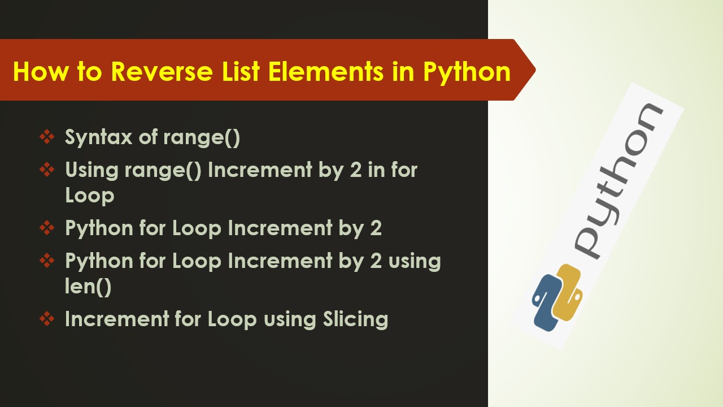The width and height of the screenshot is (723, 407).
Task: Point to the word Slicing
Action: tap(355, 319)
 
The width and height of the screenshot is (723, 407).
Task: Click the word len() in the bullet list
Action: tap(88, 287)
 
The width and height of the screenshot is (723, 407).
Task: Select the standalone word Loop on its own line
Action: tap(90, 196)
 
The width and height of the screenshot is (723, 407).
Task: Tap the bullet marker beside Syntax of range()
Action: tap(47, 137)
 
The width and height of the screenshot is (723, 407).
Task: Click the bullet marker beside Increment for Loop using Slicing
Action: tap(47, 319)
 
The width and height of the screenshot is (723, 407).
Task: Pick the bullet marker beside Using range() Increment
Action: tap(47, 170)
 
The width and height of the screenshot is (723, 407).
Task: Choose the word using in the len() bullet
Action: tap(414, 261)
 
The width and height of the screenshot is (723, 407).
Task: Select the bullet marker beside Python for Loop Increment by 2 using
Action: tap(47, 261)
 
